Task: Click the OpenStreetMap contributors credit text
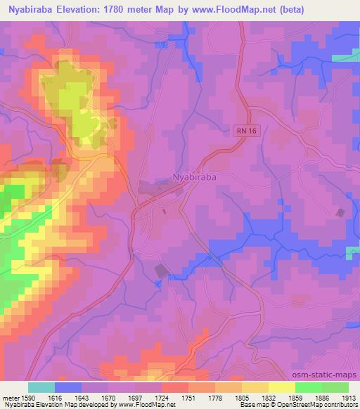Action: (315, 405)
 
